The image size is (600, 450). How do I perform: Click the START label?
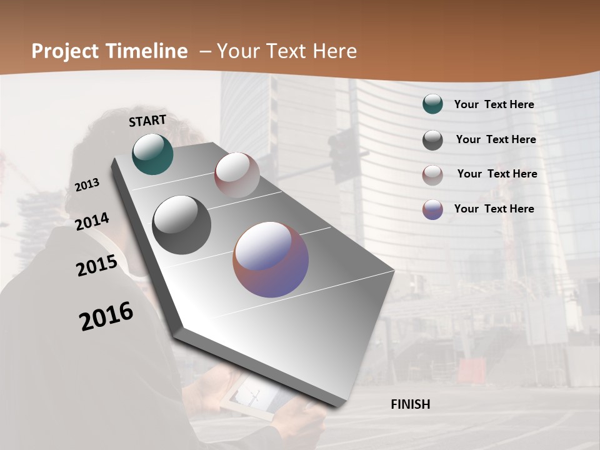(147, 121)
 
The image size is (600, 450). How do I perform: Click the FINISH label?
(410, 404)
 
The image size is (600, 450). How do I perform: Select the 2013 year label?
(87, 184)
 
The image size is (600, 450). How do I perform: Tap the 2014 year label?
(92, 221)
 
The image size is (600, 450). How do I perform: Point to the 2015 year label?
(96, 266)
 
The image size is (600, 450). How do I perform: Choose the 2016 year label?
(106, 316)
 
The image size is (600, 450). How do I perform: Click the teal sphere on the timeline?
(152, 154)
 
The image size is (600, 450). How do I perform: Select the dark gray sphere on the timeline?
(181, 225)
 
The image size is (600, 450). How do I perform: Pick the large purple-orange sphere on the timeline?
(271, 259)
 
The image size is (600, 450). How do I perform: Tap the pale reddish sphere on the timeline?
(237, 174)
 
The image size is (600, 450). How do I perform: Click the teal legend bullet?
(432, 104)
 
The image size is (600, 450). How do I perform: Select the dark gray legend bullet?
(432, 140)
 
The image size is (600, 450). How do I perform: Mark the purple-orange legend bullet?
(432, 209)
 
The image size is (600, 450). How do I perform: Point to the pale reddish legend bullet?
(432, 175)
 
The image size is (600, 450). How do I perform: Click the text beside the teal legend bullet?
(494, 104)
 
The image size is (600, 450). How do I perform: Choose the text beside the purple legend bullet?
(494, 209)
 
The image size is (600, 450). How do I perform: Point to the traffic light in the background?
(342, 156)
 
